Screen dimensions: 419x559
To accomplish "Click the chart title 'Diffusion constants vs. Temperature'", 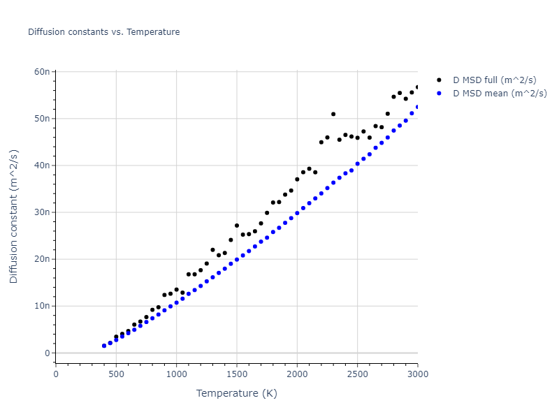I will [103, 32].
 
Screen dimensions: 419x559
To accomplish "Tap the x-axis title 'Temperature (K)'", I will [236, 393].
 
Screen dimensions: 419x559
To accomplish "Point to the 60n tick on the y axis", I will [41, 72].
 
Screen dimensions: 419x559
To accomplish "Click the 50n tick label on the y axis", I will [41, 119].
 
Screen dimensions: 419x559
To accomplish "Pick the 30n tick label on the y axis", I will [41, 212].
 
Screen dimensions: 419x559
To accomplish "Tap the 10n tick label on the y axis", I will [41, 306].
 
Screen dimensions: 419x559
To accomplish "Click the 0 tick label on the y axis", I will [47, 353].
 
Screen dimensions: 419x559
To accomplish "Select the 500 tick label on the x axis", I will [116, 374].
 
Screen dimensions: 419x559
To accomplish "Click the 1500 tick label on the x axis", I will [237, 374].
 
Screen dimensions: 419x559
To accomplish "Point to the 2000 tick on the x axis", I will [297, 374].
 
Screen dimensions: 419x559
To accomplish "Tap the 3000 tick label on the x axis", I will [417, 374].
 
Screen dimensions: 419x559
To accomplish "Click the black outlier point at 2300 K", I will [333, 114].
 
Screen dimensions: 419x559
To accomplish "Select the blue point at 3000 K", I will [418, 107].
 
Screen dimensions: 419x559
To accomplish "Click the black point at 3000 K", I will [418, 87].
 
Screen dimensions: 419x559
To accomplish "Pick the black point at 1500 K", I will [237, 226].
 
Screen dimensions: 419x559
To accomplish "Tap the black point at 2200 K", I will [321, 142].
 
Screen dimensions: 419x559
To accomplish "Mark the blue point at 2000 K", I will [297, 213].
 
